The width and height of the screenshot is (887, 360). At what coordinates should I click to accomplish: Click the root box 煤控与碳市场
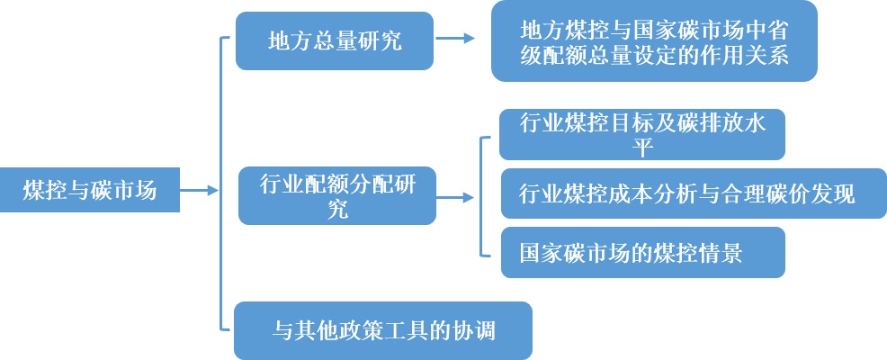90,190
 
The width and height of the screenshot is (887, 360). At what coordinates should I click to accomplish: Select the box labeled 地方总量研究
335,40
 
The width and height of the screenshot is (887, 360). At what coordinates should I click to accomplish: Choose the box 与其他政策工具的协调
383,330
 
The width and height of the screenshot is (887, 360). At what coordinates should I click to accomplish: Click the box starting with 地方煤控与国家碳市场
654,41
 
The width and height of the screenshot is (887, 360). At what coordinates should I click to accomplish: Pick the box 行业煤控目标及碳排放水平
642,134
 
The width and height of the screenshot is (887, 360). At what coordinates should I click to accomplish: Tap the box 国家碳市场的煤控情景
642,252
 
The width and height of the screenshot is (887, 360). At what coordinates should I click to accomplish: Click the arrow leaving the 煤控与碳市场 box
200,190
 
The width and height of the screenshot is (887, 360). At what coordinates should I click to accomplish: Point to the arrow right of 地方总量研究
456,39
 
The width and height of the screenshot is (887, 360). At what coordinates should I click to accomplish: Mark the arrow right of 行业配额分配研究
458,195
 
